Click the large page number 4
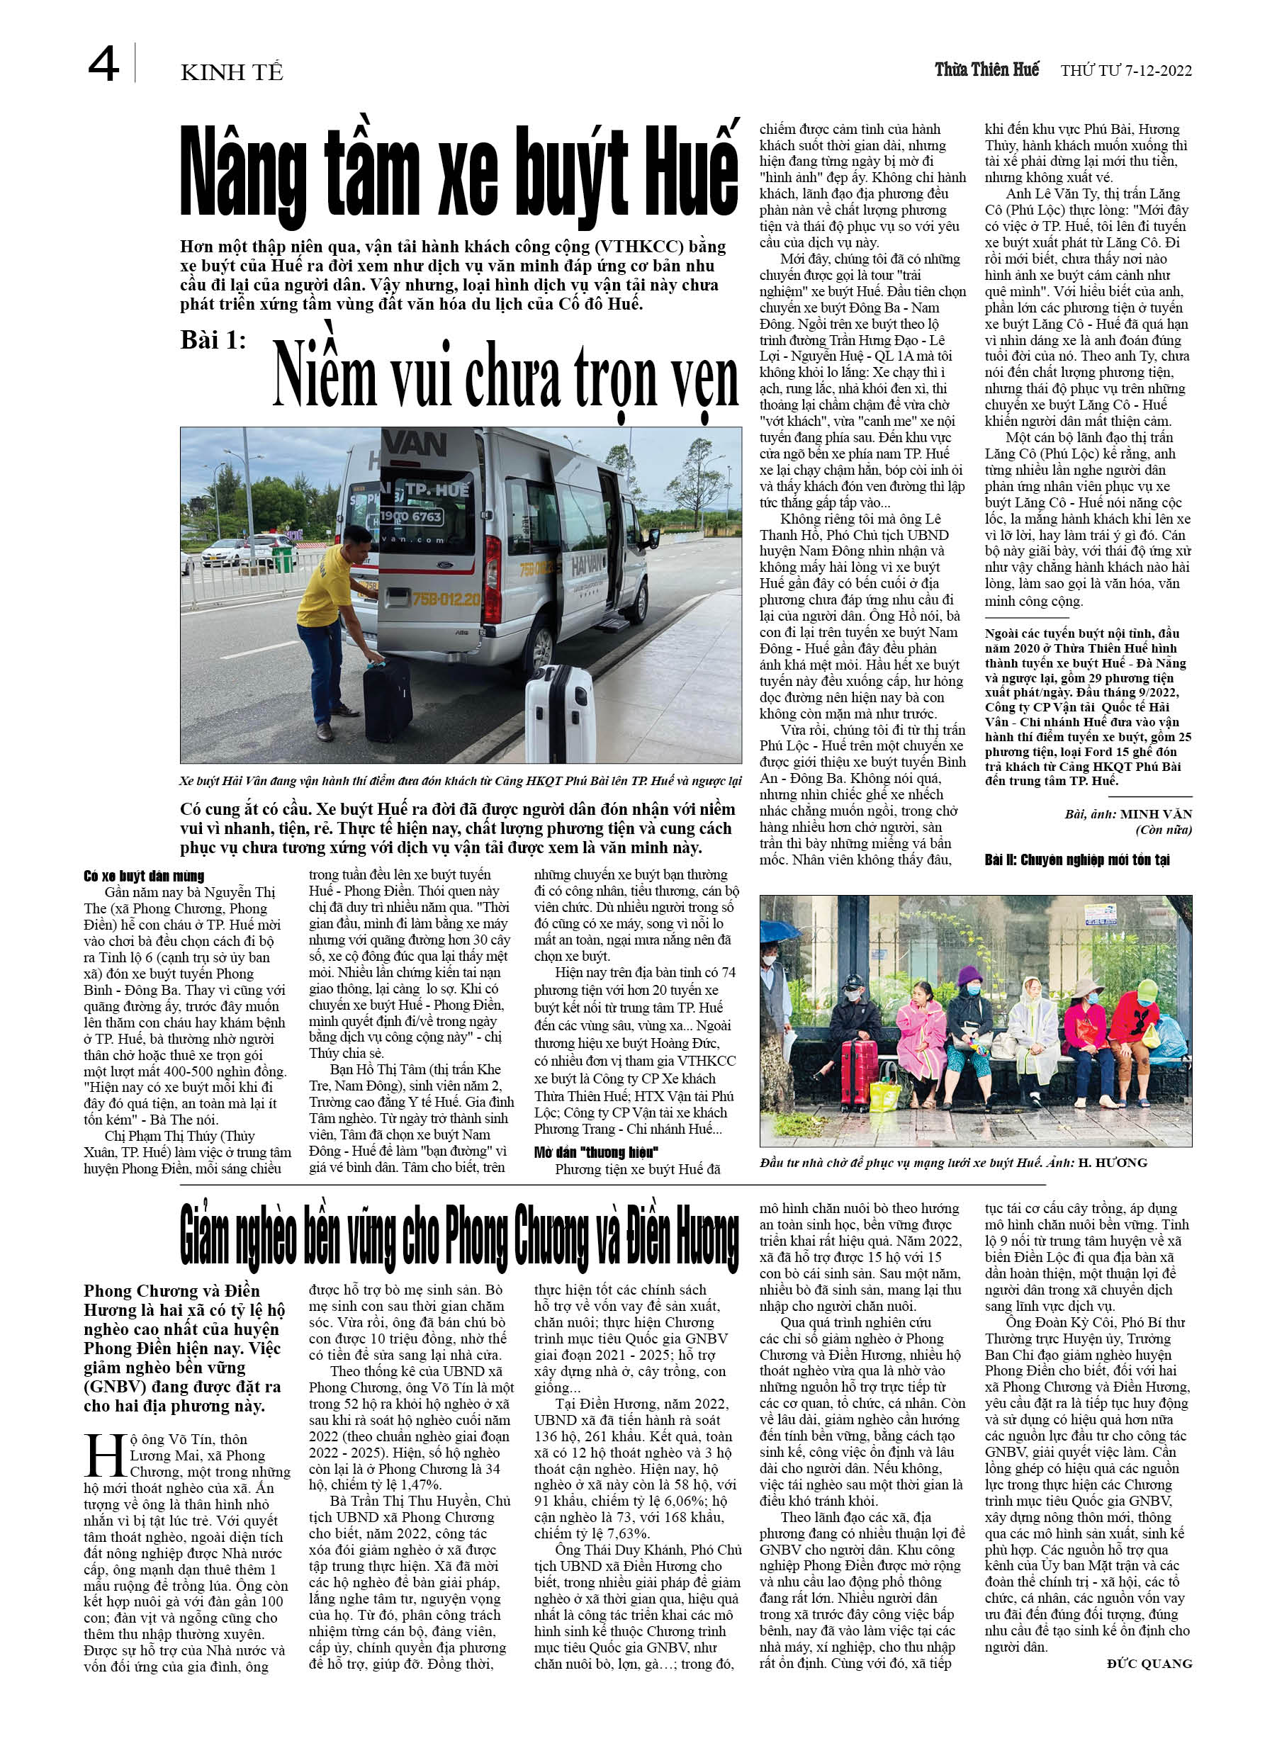coord(103,64)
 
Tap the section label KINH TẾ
coord(231,73)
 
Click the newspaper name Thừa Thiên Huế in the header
coord(986,69)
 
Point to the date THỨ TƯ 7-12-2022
coord(1126,71)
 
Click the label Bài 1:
coord(213,340)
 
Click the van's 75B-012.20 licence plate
coord(446,599)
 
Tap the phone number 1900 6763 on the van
coord(411,517)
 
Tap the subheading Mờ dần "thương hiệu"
coord(595,1152)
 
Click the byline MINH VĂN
coord(1156,814)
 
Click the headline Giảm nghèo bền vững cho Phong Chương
coord(459,1239)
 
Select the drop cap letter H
coord(105,1455)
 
